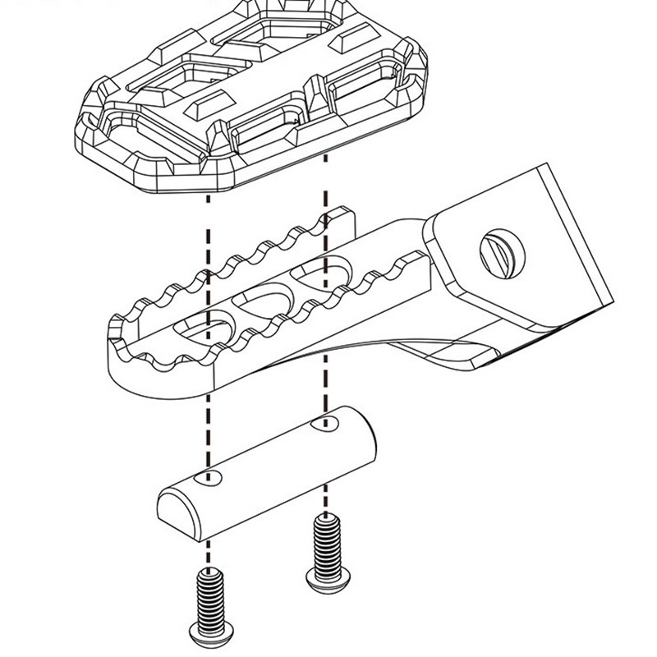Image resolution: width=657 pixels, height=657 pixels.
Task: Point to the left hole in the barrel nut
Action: click(213, 477)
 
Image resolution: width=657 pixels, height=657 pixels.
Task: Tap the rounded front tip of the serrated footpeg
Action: click(123, 361)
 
